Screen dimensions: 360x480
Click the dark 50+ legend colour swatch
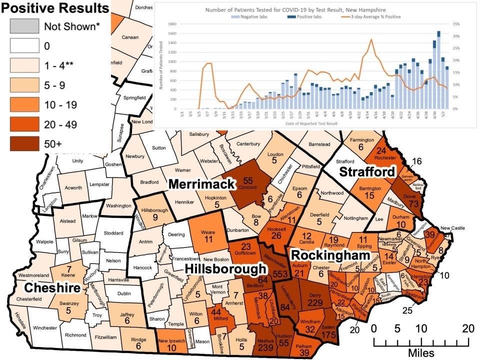[x=24, y=143]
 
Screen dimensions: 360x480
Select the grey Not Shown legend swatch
[x=24, y=26]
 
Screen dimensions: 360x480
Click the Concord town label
[x=244, y=189]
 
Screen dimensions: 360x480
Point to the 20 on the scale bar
[x=467, y=328]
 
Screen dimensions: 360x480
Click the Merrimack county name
[x=201, y=184]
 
